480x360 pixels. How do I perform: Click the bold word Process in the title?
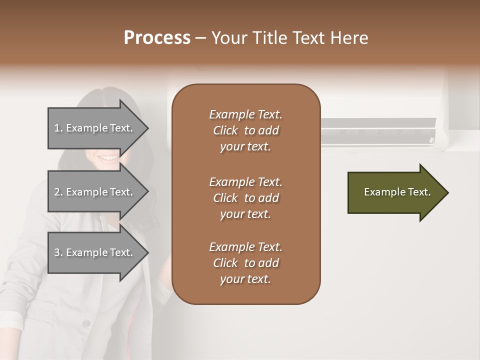[157, 38]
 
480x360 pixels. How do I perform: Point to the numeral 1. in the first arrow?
[58, 128]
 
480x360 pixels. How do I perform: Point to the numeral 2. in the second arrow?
[58, 192]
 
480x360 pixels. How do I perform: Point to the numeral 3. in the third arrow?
[58, 252]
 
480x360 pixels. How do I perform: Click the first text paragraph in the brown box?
[245, 130]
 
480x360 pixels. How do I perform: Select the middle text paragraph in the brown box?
[245, 198]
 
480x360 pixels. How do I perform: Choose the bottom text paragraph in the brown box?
[245, 263]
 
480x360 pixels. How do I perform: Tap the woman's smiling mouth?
[108, 158]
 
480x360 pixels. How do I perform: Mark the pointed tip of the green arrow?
[447, 192]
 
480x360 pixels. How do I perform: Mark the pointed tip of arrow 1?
[147, 128]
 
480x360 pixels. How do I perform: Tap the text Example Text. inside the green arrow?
[397, 192]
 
